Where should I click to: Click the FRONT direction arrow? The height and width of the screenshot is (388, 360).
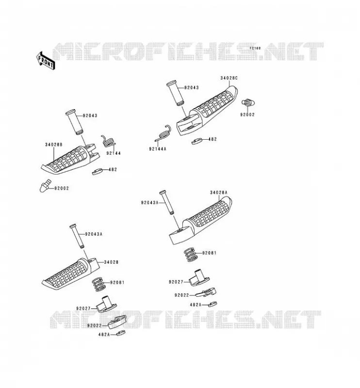45,61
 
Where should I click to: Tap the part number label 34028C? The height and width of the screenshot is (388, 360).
229,78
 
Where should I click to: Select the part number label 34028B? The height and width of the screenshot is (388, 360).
53,145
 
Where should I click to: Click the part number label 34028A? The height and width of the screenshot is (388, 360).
219,193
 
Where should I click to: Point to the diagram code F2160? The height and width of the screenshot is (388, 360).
255,48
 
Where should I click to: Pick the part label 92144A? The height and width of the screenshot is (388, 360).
158,149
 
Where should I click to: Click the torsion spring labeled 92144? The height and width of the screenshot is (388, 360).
108,141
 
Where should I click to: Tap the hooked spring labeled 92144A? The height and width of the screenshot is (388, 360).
163,133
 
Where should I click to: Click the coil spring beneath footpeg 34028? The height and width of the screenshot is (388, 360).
98,284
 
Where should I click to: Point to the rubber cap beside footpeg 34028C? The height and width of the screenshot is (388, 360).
248,102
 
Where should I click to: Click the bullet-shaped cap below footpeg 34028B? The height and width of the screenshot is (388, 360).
45,186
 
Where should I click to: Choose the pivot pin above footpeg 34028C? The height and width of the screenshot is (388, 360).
175,93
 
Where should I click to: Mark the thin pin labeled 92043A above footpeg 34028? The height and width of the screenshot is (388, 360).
77,236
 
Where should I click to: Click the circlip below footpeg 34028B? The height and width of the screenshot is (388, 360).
98,171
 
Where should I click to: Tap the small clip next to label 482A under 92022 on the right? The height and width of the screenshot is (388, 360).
213,304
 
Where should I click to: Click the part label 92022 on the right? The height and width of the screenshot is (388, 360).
181,295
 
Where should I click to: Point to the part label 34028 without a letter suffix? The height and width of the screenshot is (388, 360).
111,262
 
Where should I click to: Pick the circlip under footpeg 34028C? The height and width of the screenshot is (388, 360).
197,141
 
